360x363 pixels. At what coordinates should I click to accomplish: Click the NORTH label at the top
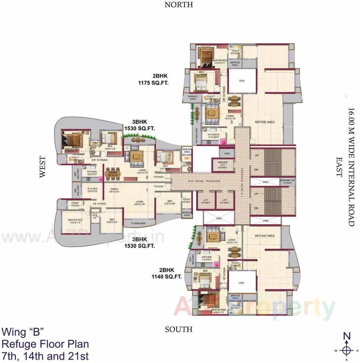pyautogui.click(x=179, y=5)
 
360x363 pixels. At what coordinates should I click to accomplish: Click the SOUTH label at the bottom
pyautogui.click(x=179, y=329)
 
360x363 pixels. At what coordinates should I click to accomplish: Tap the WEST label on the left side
pyautogui.click(x=43, y=167)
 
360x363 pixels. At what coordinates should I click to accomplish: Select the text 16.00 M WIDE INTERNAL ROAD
pyautogui.click(x=351, y=167)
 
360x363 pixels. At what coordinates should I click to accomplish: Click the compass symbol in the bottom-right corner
pyautogui.click(x=347, y=350)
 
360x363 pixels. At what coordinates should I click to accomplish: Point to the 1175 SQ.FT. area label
pyautogui.click(x=153, y=83)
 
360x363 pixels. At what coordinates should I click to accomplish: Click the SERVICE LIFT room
pyautogui.click(x=223, y=165)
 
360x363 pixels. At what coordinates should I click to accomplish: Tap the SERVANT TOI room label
pyautogui.click(x=287, y=182)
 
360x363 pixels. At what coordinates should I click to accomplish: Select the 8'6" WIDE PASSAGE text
pyautogui.click(x=204, y=181)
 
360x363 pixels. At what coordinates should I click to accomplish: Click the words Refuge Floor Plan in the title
pyautogui.click(x=45, y=344)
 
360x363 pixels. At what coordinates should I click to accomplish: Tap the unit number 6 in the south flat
pyautogui.click(x=237, y=233)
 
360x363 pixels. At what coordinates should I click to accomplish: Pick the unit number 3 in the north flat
pyautogui.click(x=232, y=122)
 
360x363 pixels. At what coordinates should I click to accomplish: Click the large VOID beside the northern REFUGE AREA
pyautogui.click(x=241, y=81)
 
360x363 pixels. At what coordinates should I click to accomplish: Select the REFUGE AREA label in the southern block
pyautogui.click(x=265, y=236)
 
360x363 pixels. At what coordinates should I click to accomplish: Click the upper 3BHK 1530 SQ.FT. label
pyautogui.click(x=139, y=125)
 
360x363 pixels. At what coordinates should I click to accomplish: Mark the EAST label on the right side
pyautogui.click(x=339, y=167)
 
